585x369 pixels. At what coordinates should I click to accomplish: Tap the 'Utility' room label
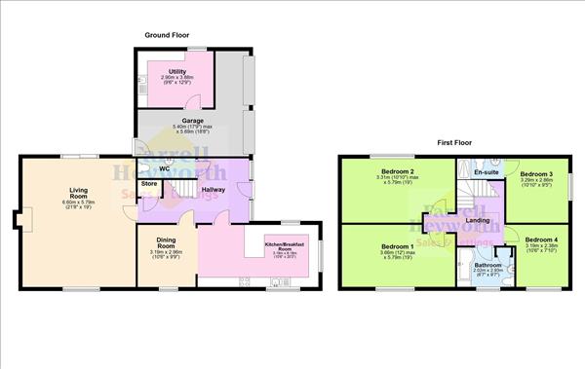(177, 71)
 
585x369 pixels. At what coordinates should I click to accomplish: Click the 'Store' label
(149, 183)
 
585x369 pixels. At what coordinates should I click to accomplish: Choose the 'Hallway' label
(214, 189)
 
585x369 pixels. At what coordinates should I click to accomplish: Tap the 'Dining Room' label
(165, 243)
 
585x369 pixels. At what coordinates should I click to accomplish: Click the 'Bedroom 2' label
(400, 172)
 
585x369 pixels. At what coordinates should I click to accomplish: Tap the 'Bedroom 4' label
(542, 240)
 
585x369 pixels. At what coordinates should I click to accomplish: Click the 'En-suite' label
(486, 172)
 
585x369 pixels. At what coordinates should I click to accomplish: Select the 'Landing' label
(479, 221)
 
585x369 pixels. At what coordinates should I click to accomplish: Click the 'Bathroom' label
(488, 265)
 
